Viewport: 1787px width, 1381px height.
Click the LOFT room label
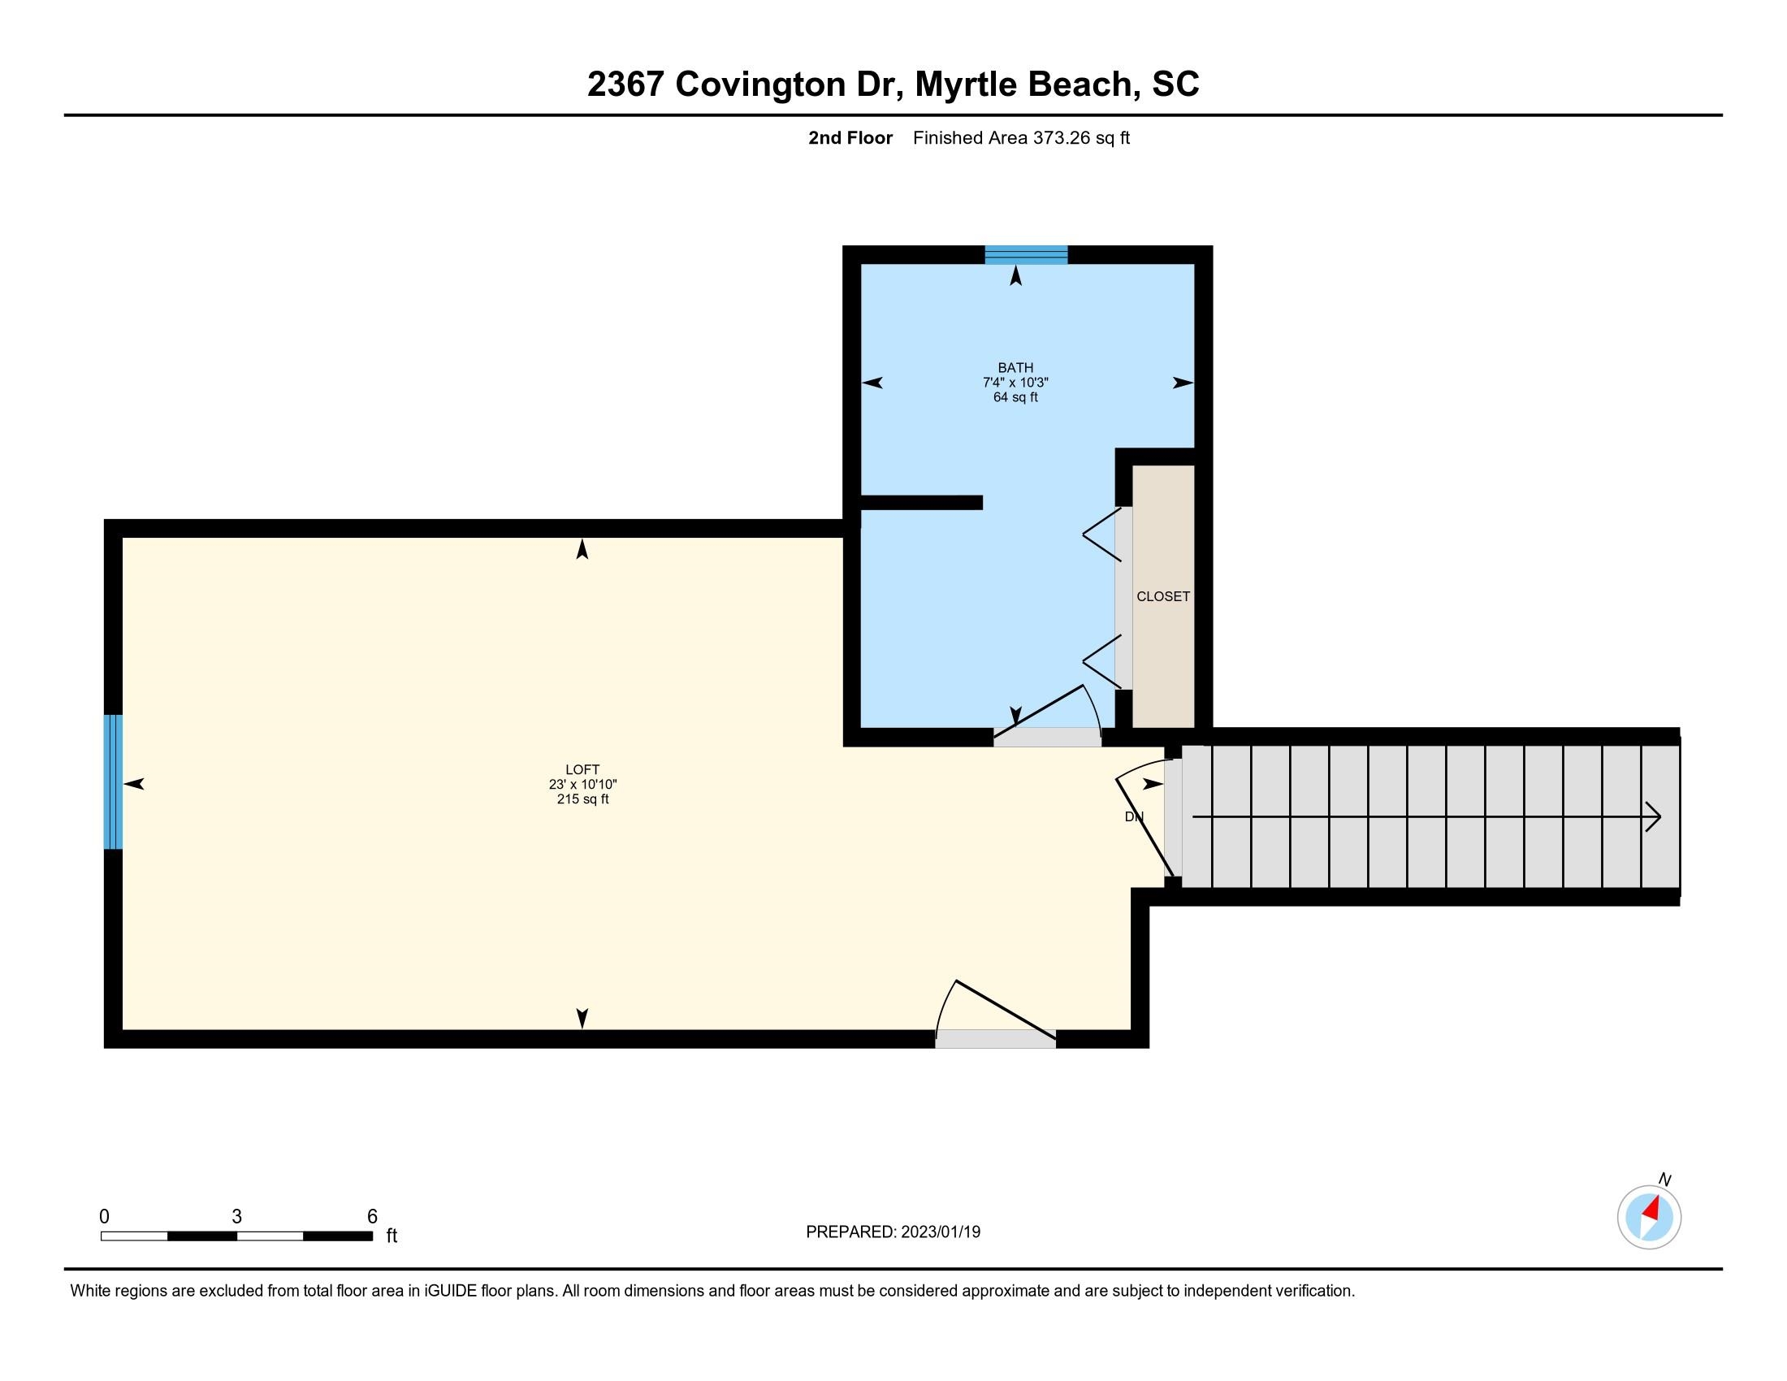pyautogui.click(x=582, y=769)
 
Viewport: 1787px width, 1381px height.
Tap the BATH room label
pyautogui.click(x=1015, y=368)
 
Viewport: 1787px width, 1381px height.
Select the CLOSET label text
pyautogui.click(x=1162, y=596)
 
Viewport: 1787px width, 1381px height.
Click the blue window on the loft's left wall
pyautogui.click(x=113, y=782)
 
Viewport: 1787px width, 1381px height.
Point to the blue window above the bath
pyautogui.click(x=1026, y=254)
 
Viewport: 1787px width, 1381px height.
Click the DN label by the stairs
pyautogui.click(x=1134, y=816)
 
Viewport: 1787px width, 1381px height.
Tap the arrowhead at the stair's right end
pyautogui.click(x=1654, y=816)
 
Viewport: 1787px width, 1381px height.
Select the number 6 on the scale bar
pyautogui.click(x=372, y=1216)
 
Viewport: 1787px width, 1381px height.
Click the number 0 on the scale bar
pyautogui.click(x=104, y=1216)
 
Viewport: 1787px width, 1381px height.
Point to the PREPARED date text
pyautogui.click(x=893, y=1232)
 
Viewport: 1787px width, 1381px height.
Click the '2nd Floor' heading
pyautogui.click(x=850, y=137)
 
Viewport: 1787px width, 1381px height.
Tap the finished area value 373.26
pyautogui.click(x=1062, y=137)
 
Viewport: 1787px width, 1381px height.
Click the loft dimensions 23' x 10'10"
pyautogui.click(x=582, y=784)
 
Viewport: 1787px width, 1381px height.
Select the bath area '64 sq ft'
pyautogui.click(x=1015, y=397)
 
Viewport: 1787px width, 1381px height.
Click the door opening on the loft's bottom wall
pyautogui.click(x=996, y=1039)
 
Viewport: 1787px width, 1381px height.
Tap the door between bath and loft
pyautogui.click(x=1047, y=736)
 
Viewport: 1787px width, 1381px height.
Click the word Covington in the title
pyautogui.click(x=760, y=84)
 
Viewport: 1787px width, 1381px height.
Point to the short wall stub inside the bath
pyautogui.click(x=921, y=502)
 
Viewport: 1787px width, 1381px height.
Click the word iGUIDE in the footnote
pyautogui.click(x=448, y=1291)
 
